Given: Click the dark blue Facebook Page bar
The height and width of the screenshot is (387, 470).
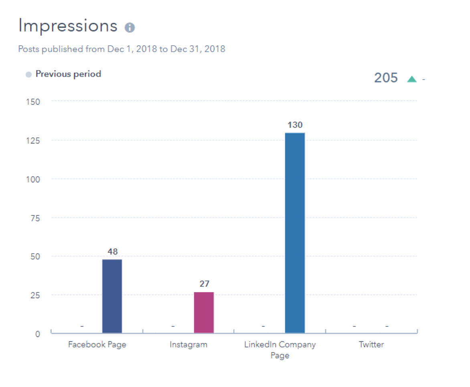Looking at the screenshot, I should (112, 296).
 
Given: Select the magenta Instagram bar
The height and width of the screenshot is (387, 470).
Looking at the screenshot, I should (204, 312).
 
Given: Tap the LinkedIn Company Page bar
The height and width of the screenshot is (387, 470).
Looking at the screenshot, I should (295, 233).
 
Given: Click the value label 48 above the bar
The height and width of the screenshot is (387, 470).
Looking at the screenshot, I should (112, 252).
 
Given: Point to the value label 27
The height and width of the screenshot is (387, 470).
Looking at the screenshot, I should (204, 284).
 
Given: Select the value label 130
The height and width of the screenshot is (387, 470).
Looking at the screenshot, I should (295, 125).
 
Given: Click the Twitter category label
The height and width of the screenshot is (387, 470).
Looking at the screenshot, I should (371, 345).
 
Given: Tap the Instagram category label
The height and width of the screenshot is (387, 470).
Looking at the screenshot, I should (188, 345).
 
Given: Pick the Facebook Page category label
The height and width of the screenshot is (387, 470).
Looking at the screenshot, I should (97, 345).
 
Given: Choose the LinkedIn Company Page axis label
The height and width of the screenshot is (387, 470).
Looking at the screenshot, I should (280, 350).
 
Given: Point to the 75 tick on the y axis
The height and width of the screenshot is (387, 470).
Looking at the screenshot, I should (36, 218).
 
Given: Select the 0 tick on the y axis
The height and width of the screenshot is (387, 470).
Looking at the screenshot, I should (38, 334).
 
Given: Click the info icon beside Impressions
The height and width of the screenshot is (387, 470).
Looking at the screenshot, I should (130, 28).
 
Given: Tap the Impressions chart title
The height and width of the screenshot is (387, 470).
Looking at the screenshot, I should (68, 26).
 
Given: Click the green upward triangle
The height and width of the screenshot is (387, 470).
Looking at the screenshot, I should (411, 79).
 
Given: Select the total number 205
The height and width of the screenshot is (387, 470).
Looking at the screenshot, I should (386, 78).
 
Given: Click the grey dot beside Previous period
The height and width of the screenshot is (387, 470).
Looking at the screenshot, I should (28, 75).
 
